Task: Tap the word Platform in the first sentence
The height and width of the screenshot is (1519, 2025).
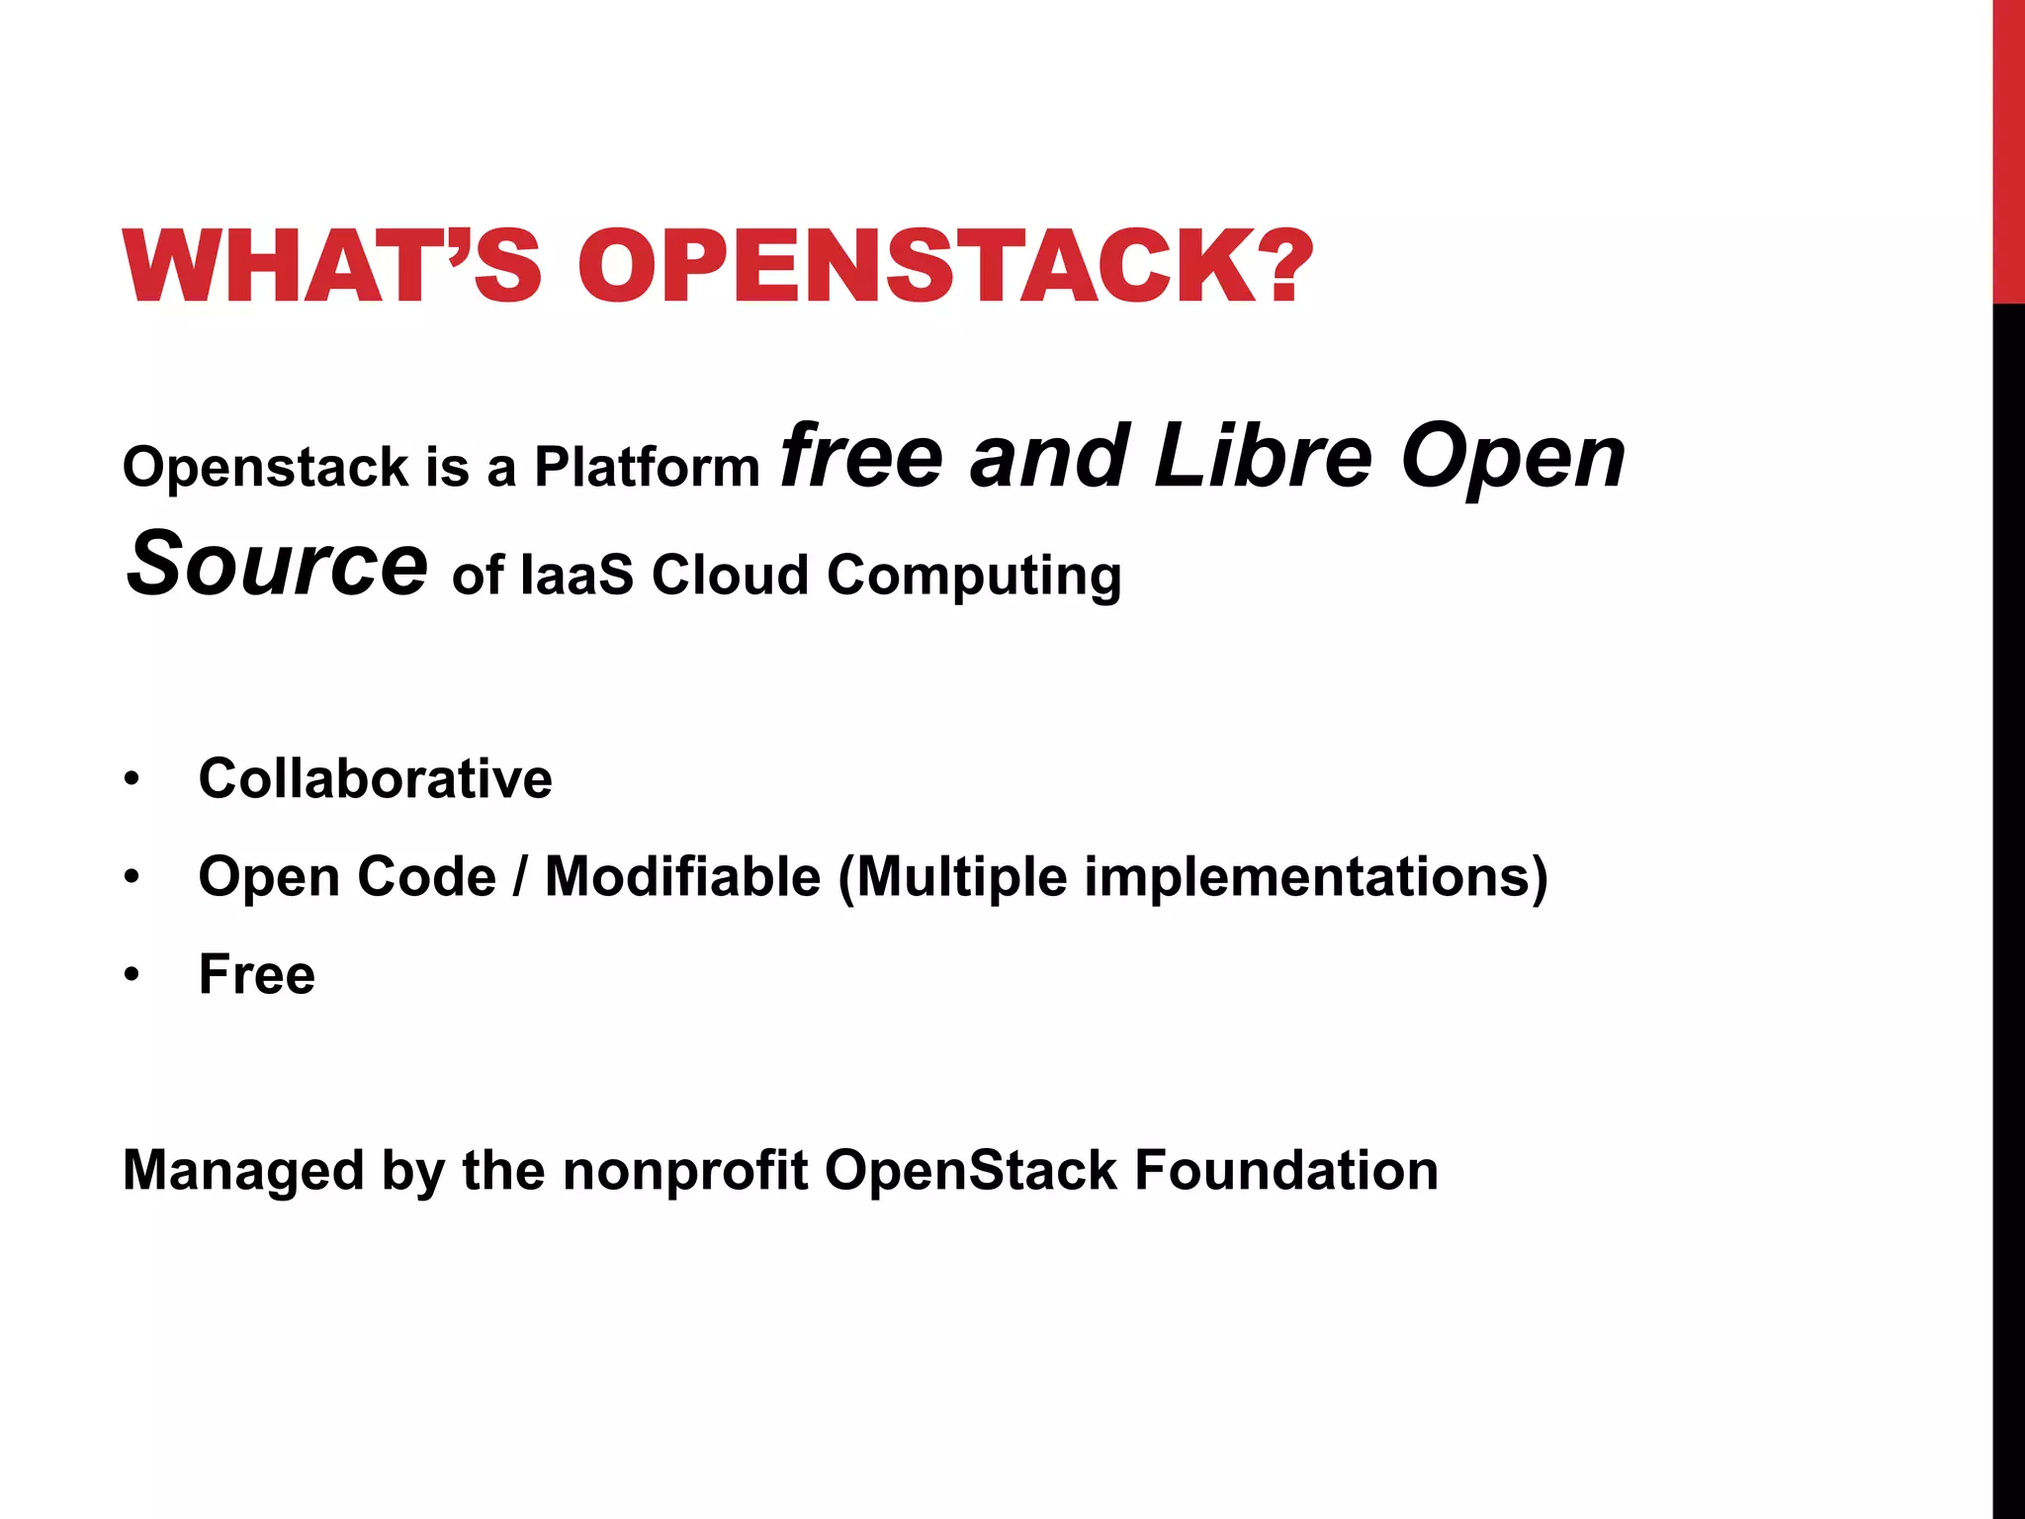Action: pos(647,467)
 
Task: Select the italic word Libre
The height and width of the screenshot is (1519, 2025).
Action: pos(1263,457)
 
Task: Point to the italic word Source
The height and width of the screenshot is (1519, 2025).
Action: pos(277,564)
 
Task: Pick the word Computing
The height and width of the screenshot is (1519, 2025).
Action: pos(974,577)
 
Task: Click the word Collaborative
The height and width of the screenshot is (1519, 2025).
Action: pos(375,778)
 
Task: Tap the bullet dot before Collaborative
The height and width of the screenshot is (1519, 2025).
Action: pos(132,779)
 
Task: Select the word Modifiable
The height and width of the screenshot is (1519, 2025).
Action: pos(682,877)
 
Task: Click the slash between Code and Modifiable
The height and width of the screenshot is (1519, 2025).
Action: pos(520,877)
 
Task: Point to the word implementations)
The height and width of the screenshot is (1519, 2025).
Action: pos(1315,877)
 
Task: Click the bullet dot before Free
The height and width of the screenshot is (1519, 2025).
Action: pos(132,975)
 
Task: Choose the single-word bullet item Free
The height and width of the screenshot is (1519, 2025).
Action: pos(257,975)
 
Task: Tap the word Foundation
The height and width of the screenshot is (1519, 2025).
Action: pos(1285,1171)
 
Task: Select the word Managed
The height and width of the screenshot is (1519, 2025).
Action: pos(243,1171)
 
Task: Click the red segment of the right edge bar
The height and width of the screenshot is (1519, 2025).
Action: pos(2008,148)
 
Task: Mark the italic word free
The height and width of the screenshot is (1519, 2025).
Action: pos(861,457)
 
